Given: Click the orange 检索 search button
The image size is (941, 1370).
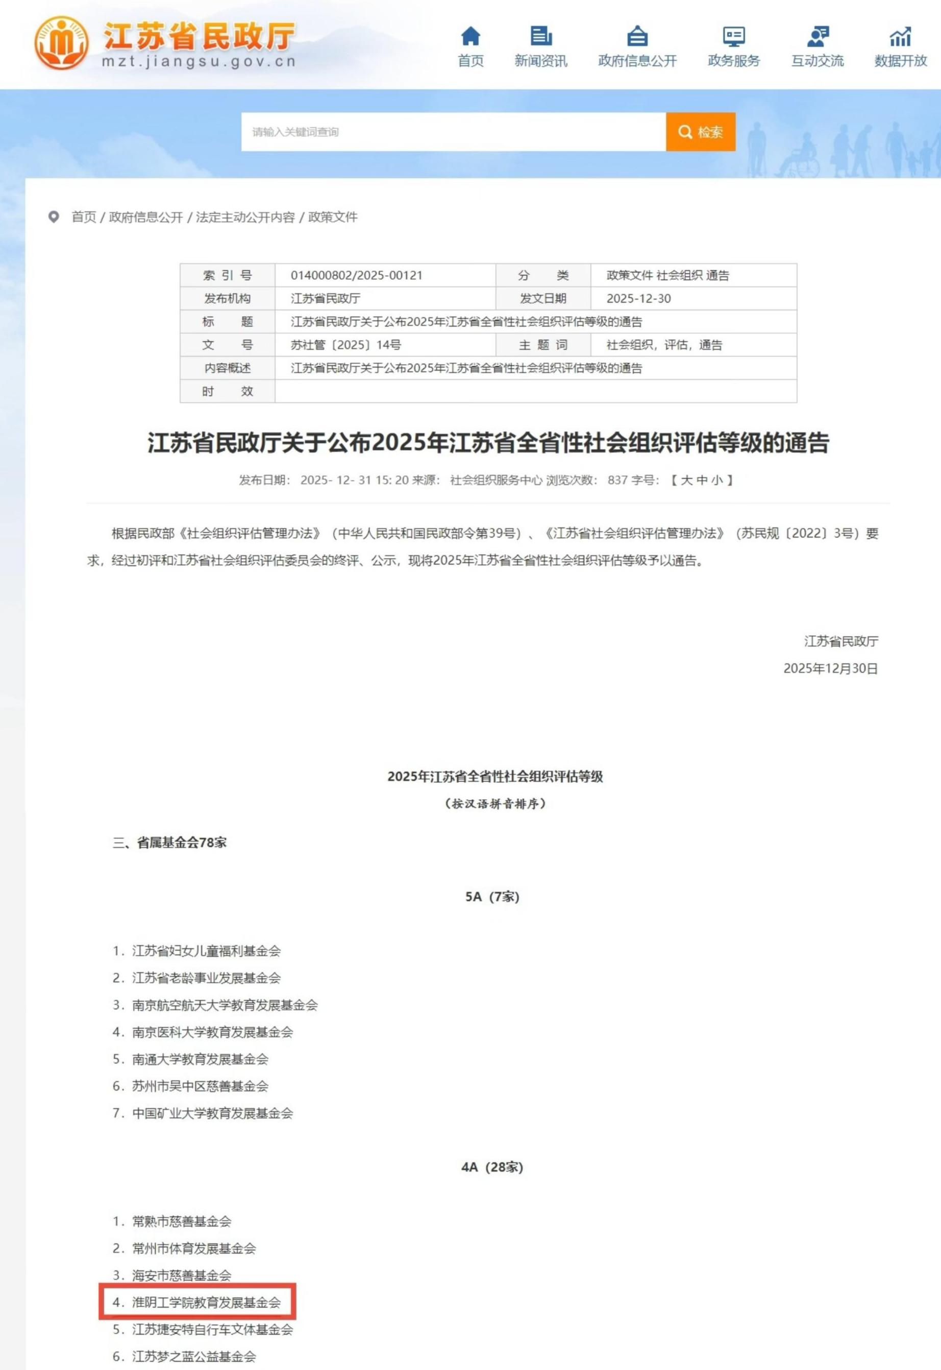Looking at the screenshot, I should [701, 132].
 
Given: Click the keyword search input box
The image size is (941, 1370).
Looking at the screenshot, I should [453, 132].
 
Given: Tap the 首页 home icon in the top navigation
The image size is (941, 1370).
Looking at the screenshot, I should [471, 37].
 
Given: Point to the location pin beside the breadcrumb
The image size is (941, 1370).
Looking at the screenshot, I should [54, 217].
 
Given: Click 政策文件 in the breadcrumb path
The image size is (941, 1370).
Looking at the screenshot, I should [333, 217].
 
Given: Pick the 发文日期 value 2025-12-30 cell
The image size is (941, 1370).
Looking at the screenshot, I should [638, 299].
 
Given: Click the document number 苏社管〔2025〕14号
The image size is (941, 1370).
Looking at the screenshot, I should [345, 345].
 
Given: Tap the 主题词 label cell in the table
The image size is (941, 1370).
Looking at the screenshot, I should [542, 345].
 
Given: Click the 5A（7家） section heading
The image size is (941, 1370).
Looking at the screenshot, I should [492, 897].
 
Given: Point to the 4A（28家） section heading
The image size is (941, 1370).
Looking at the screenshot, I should [492, 1167].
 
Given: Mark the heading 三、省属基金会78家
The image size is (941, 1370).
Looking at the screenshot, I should [169, 843].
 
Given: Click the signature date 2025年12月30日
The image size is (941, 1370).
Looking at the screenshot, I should [830, 668].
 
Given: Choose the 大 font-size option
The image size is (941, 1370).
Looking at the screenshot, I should [686, 480].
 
